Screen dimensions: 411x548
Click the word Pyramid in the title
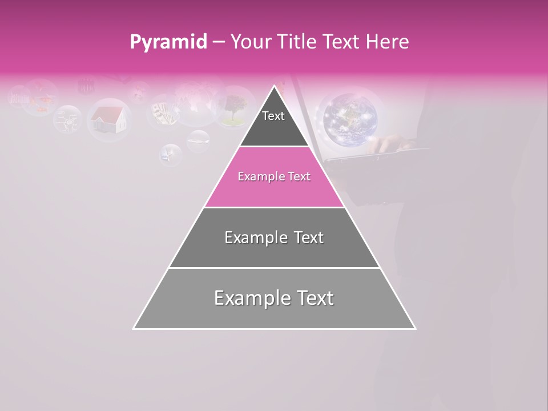pyautogui.click(x=168, y=42)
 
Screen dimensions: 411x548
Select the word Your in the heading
pyautogui.click(x=250, y=42)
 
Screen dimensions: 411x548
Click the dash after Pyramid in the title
pyautogui.click(x=218, y=42)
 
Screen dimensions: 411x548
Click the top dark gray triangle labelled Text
pyautogui.click(x=273, y=123)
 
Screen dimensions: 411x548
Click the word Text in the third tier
pyautogui.click(x=307, y=237)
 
